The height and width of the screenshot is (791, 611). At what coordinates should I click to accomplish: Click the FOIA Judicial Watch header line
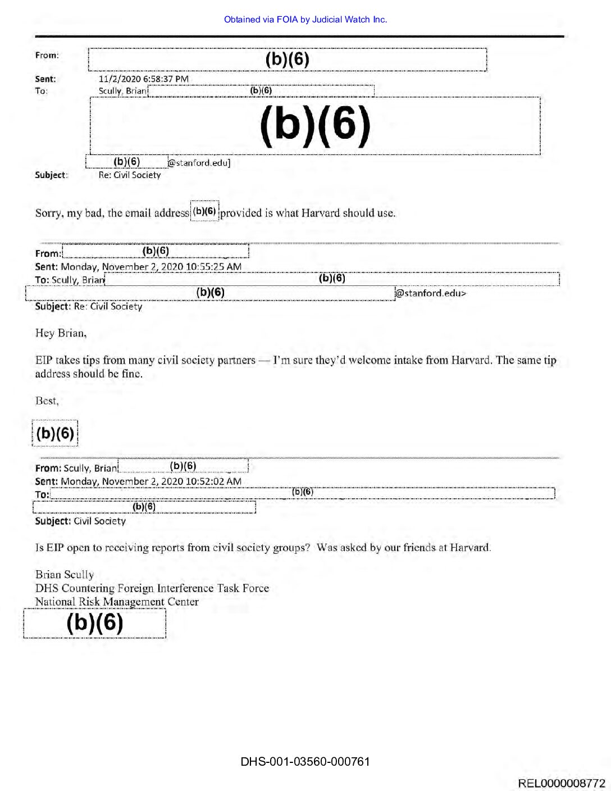tap(305, 20)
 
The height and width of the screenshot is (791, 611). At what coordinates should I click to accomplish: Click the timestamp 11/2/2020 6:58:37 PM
tap(143, 79)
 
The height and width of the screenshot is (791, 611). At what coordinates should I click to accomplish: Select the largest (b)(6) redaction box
tap(315, 126)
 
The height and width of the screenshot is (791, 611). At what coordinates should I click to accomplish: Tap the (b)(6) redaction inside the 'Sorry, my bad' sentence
tap(204, 211)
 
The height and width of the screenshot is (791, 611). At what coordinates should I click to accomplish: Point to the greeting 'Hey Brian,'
tap(61, 333)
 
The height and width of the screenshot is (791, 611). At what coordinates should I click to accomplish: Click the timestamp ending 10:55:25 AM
tap(151, 267)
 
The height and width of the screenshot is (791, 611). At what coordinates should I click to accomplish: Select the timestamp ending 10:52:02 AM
tap(151, 481)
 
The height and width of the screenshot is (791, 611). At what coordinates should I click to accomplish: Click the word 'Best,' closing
tap(47, 401)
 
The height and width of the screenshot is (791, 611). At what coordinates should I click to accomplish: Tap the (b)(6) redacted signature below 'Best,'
tap(55, 433)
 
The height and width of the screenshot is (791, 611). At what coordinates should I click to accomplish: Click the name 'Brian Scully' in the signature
tap(65, 575)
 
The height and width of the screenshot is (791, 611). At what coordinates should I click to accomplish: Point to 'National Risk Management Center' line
tap(117, 602)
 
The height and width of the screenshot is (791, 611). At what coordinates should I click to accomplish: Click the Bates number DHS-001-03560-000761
tap(305, 762)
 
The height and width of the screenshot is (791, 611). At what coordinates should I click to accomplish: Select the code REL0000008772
tap(562, 783)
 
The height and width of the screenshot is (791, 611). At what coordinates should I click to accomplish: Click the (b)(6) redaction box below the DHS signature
tap(95, 624)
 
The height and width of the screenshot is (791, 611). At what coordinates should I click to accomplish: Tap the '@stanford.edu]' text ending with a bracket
tap(199, 163)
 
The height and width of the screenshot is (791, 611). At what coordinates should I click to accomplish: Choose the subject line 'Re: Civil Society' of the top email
tap(130, 175)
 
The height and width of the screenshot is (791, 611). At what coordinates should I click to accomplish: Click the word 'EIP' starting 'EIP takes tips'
tap(43, 360)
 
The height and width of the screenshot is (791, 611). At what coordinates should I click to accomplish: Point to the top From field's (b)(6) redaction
tap(287, 60)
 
